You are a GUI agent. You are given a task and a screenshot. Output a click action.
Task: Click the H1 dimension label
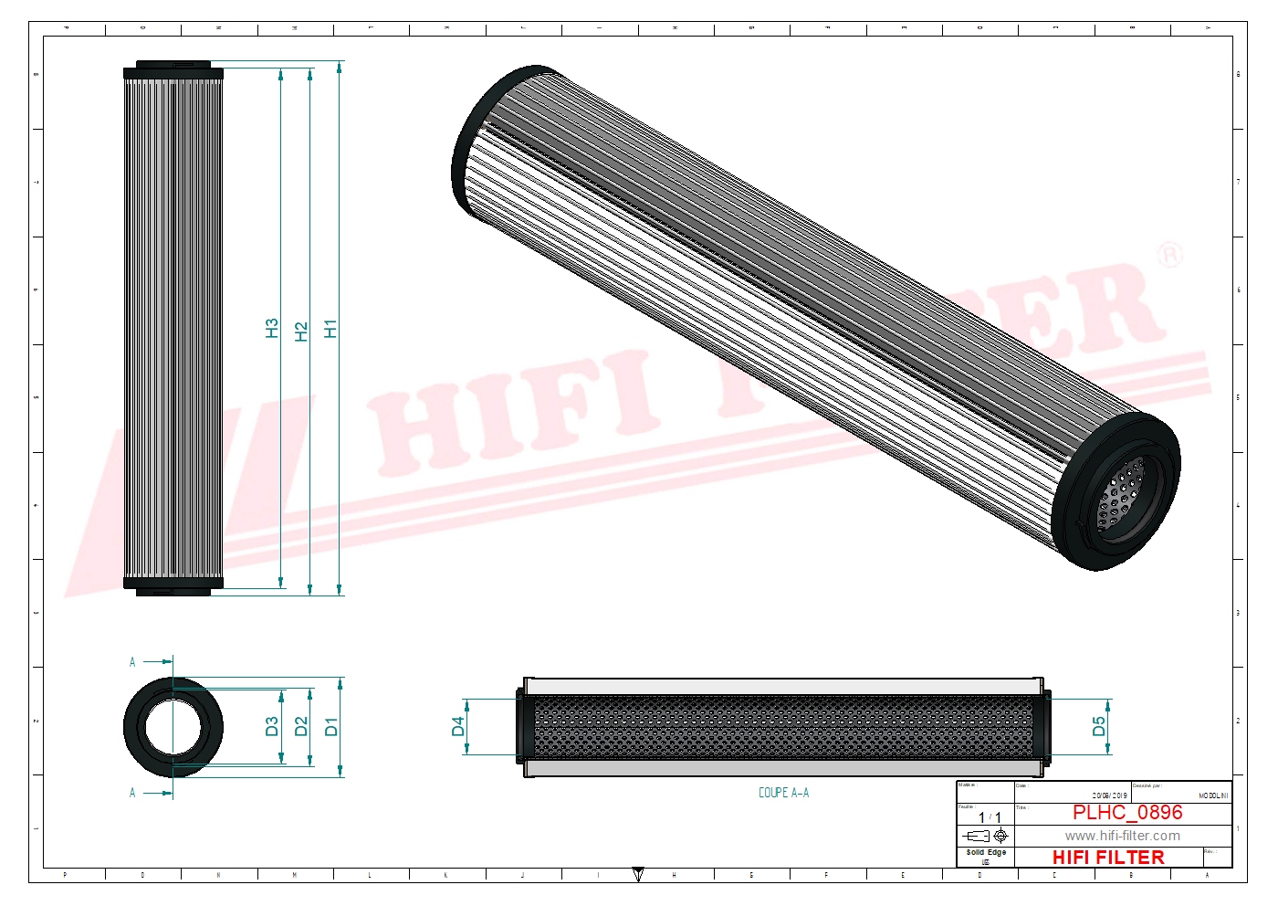330,329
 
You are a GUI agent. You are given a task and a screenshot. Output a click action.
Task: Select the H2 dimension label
301,331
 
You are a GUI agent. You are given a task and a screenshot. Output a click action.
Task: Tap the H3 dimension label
271,329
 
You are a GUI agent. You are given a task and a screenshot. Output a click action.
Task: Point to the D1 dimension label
330,727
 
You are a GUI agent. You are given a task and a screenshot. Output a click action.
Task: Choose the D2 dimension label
301,727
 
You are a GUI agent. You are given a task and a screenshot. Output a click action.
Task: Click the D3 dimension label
271,727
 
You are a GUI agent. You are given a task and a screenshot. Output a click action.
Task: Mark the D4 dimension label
457,727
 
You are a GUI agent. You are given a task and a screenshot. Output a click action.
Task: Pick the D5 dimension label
1098,727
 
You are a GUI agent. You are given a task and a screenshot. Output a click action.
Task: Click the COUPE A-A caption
783,793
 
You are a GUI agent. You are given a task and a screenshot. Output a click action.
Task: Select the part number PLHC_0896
1126,812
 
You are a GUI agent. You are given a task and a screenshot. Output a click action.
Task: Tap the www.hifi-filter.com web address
1122,836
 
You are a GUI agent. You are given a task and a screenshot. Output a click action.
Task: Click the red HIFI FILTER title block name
1108,858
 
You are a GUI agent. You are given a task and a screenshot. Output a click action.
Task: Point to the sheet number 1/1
990,817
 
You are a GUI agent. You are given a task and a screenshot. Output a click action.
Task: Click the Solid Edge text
986,852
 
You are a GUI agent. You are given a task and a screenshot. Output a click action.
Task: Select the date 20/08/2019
1109,795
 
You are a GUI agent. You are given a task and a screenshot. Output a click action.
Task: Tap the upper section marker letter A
132,662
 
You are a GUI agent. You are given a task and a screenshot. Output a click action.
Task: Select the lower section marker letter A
132,793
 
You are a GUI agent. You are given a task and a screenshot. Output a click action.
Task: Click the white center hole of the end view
173,727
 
